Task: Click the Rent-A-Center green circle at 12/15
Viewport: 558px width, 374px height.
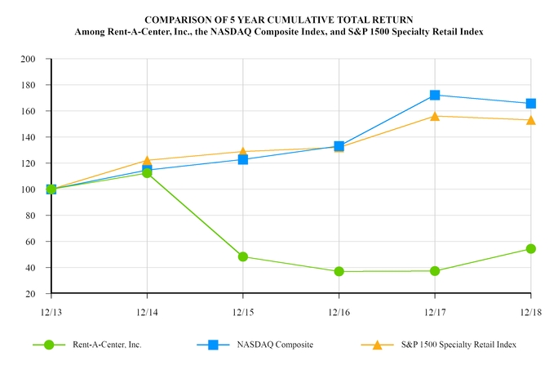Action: [x=242, y=256]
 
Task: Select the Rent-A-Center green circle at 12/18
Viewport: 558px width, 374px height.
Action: [x=530, y=249]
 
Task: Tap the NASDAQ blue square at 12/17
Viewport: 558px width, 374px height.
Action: [x=435, y=96]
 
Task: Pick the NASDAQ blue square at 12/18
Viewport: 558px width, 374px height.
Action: [x=530, y=104]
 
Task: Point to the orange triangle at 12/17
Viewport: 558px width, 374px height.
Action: [x=435, y=116]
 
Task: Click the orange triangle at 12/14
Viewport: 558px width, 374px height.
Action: [x=147, y=161]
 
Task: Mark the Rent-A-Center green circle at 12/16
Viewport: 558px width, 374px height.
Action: [x=339, y=271]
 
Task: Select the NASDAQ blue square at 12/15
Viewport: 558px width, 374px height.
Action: [x=242, y=159]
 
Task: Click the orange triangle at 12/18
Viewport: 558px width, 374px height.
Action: [x=530, y=120]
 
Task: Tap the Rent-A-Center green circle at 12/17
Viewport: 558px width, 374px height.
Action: [x=435, y=271]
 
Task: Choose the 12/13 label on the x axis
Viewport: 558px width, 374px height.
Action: [x=51, y=311]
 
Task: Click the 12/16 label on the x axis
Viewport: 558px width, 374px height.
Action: [x=339, y=311]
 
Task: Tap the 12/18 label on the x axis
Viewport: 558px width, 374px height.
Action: [x=530, y=311]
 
